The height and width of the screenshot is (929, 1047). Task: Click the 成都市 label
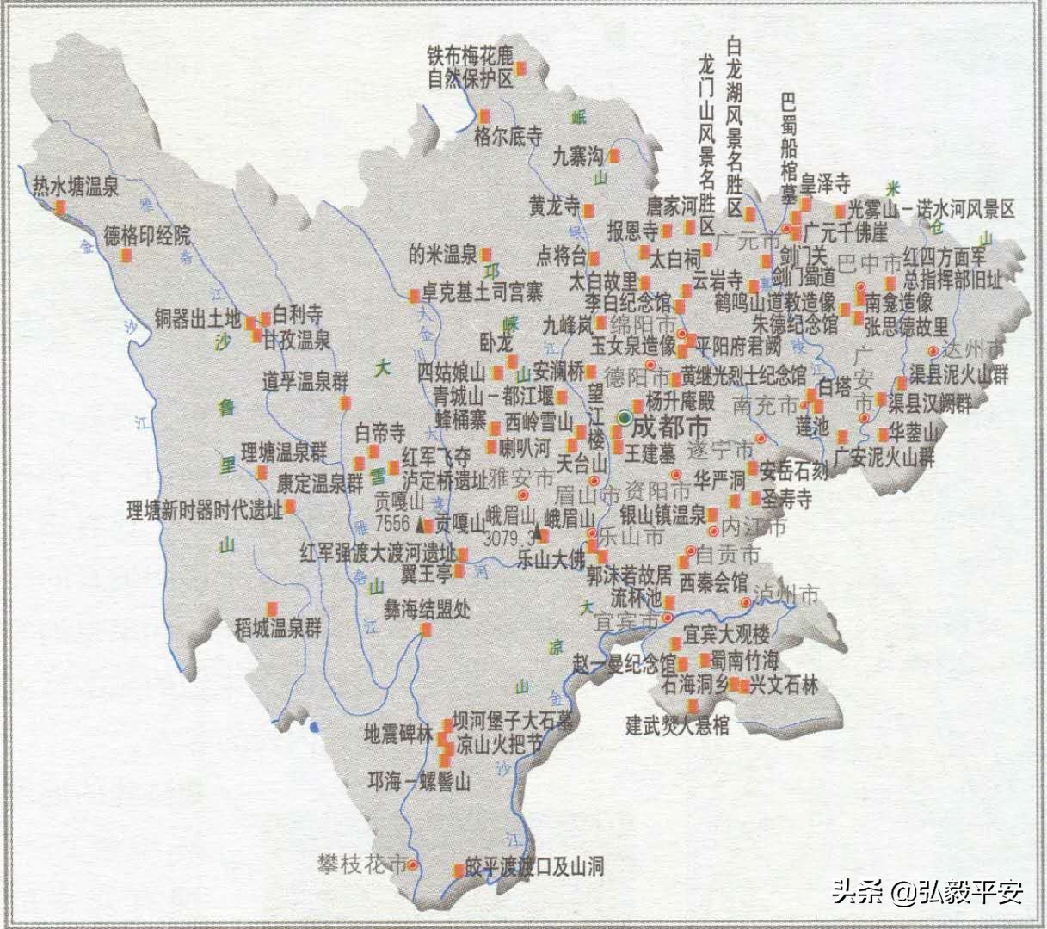click(x=672, y=426)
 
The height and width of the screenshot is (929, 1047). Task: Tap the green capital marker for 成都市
click(x=625, y=418)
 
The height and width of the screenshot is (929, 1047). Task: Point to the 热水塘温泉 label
click(x=76, y=185)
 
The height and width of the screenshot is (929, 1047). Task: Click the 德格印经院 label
click(x=147, y=235)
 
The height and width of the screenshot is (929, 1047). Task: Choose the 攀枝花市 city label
click(x=361, y=864)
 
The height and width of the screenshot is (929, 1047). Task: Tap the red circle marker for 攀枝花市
click(x=412, y=864)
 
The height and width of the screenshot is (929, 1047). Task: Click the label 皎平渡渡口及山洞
click(x=534, y=866)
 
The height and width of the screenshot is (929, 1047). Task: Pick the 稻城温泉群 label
click(x=278, y=628)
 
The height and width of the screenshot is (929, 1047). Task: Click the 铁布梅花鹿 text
click(x=470, y=55)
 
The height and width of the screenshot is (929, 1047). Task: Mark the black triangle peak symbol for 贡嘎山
click(x=422, y=524)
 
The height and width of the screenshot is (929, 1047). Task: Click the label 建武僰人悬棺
click(x=677, y=726)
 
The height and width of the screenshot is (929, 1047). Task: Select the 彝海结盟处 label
click(x=428, y=610)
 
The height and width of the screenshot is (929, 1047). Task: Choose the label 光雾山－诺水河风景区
click(x=931, y=209)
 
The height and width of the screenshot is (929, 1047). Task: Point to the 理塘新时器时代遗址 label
click(x=204, y=510)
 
